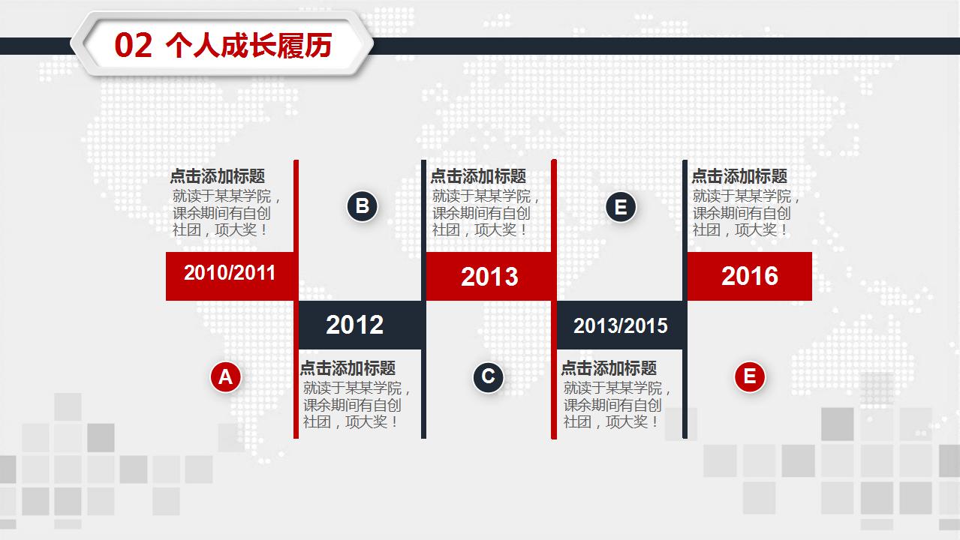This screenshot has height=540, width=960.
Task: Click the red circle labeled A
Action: tap(225, 376)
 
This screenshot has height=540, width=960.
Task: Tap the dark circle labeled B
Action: tap(362, 206)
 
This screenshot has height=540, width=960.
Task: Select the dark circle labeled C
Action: tap(488, 376)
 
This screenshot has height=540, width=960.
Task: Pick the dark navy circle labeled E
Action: tap(621, 207)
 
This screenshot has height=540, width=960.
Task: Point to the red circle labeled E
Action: tap(750, 376)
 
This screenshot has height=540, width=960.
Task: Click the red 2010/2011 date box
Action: tap(230, 276)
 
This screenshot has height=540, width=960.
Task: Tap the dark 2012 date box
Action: tap(360, 325)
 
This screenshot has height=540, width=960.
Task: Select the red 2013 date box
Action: tap(489, 276)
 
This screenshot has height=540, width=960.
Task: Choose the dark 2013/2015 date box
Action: tap(620, 325)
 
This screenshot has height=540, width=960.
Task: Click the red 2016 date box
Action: tap(750, 276)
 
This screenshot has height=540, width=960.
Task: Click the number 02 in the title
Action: tap(134, 46)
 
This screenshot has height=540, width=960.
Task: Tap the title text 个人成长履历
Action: tap(248, 46)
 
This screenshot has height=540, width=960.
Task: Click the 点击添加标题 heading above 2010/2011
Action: tap(218, 176)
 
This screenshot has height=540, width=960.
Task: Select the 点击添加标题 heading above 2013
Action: tap(478, 176)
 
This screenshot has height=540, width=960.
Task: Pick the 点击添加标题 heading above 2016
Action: tap(739, 176)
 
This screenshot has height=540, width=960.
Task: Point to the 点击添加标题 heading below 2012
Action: tap(348, 367)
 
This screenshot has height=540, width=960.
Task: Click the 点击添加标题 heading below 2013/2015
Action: tap(609, 367)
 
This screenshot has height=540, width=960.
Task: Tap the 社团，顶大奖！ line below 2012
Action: tap(351, 421)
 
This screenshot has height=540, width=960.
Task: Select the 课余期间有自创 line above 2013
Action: tap(481, 213)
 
